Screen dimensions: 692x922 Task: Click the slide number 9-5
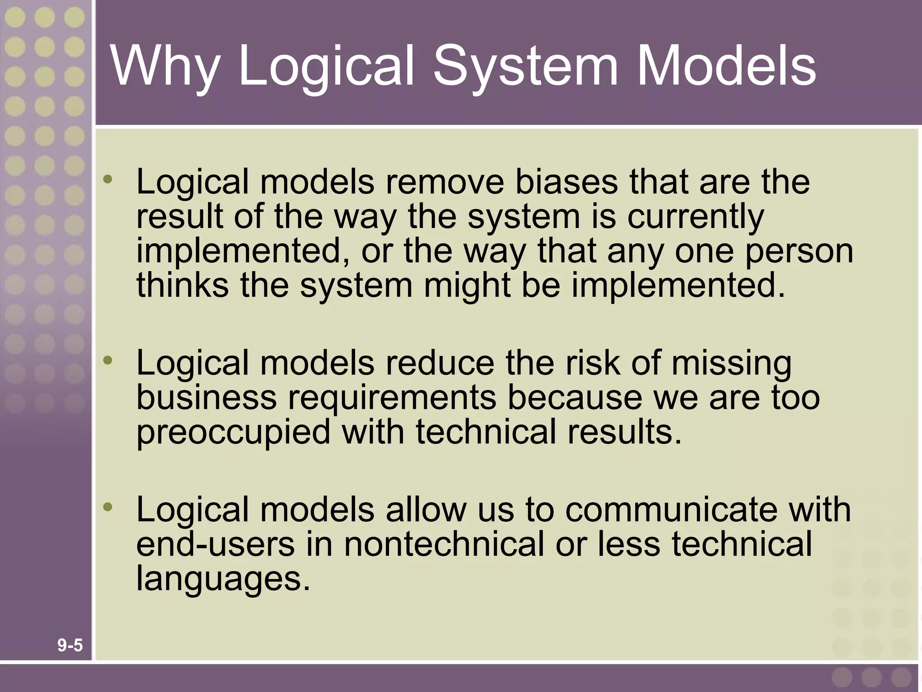click(x=70, y=646)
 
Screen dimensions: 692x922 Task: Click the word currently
click(x=696, y=217)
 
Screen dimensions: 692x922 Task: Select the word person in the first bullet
click(x=799, y=251)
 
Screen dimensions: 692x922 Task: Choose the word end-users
click(x=215, y=544)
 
